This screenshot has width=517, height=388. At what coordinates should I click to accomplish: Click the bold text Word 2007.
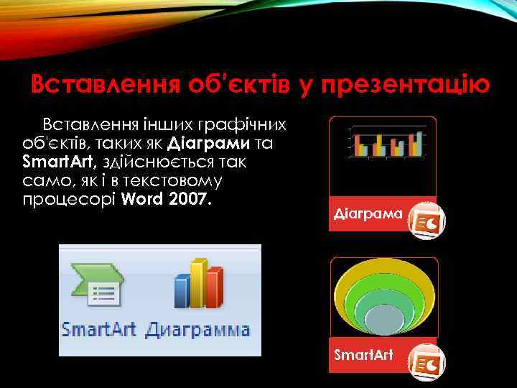(167, 198)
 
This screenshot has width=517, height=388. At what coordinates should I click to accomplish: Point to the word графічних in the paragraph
(246, 124)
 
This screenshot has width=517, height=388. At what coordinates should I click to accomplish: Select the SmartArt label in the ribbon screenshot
(99, 330)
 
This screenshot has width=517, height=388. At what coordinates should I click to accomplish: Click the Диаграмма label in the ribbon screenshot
(198, 330)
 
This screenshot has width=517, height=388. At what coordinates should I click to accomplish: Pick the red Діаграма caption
(366, 214)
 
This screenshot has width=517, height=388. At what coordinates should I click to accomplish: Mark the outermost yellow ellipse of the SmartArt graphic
(383, 269)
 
